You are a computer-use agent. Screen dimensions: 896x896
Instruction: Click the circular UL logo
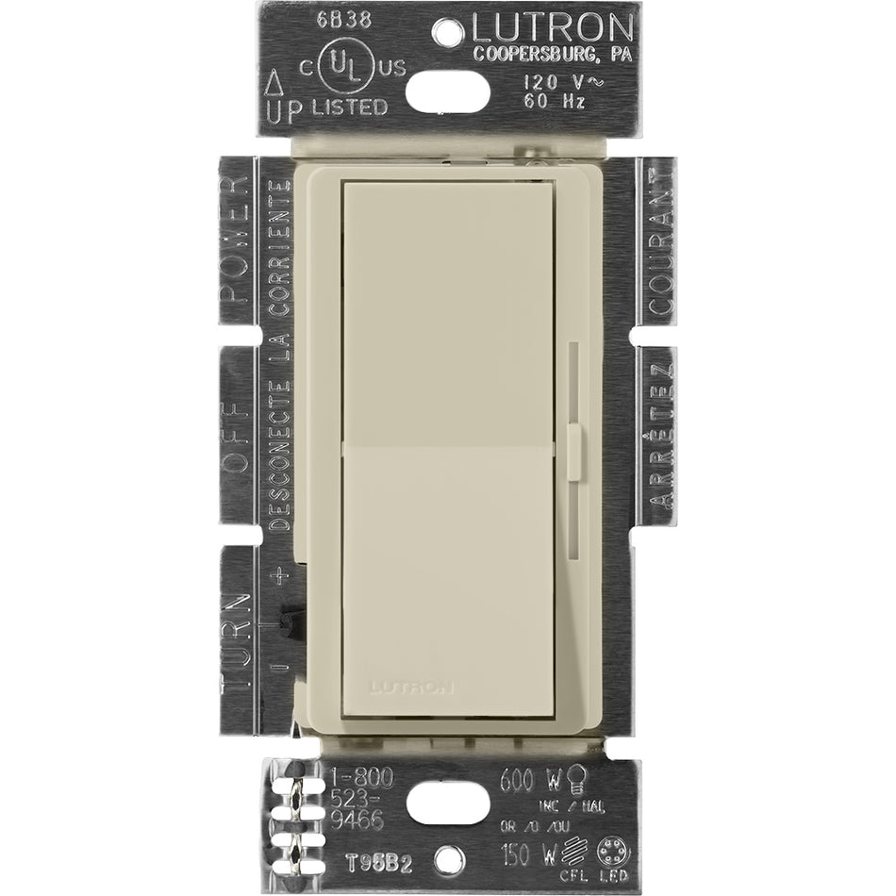coord(344,66)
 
